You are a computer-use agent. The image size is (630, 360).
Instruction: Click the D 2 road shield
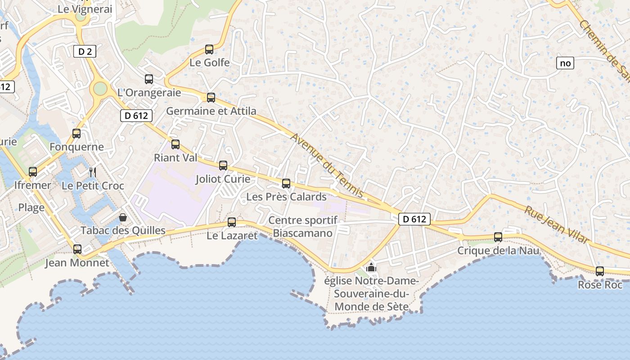tap(85, 52)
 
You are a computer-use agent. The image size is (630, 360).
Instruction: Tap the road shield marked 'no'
tap(565, 63)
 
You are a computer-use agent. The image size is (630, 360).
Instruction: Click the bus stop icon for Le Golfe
tap(209, 49)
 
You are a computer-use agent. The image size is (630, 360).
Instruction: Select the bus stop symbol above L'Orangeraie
tap(149, 79)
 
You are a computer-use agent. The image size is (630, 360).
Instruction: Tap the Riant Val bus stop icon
tap(175, 144)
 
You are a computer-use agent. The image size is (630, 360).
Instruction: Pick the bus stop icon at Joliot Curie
tap(223, 166)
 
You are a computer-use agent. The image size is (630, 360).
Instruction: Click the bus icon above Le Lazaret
tap(232, 222)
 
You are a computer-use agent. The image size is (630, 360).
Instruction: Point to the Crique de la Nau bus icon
tap(498, 237)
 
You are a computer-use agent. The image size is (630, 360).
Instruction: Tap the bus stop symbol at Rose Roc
tap(600, 271)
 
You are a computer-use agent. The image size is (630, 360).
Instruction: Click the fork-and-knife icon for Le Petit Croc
tap(93, 172)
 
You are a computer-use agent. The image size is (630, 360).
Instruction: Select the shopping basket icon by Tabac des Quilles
tap(123, 218)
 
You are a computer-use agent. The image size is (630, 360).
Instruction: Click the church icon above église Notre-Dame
tap(371, 267)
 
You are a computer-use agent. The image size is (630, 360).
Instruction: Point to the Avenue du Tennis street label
tap(327, 165)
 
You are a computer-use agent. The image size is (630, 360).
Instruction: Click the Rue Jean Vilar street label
tap(557, 225)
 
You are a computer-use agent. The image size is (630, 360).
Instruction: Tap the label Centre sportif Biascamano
tap(303, 227)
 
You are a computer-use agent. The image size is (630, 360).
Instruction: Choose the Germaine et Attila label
tap(211, 111)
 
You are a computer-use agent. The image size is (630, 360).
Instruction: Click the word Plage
tap(31, 207)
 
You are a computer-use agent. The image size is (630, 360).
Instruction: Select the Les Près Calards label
tap(286, 197)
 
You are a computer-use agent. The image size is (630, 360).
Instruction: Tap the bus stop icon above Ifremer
tap(33, 171)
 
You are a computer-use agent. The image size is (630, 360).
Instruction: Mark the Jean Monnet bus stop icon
tap(77, 249)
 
